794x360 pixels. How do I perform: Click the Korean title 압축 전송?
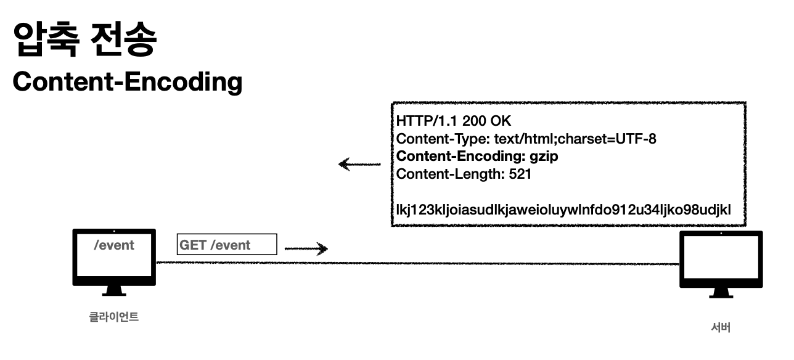[x=84, y=40]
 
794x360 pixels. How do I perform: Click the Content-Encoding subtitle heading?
[x=127, y=82]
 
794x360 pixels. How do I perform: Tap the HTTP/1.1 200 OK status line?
[x=454, y=121]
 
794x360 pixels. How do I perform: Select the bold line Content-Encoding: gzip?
[x=477, y=157]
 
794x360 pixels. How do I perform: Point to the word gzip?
[x=544, y=157]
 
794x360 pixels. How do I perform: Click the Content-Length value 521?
[x=520, y=174]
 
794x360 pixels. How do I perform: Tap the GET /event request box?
[x=227, y=245]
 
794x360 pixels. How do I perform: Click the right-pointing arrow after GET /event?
[x=306, y=249]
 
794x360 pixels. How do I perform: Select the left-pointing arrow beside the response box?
[x=359, y=165]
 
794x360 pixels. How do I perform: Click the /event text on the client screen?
[x=114, y=245]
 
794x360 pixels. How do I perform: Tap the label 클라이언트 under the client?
[x=114, y=317]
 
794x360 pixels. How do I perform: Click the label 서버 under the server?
[x=721, y=327]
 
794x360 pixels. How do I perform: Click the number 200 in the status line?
[x=475, y=121]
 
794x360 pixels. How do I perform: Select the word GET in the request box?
[x=193, y=245]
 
